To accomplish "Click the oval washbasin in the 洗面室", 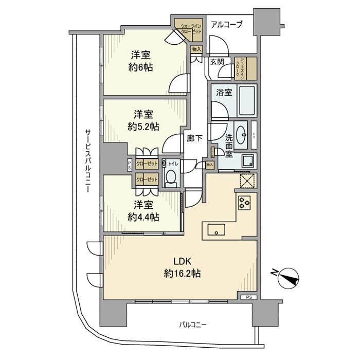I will (x=240, y=132).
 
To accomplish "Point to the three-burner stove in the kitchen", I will (x=243, y=202).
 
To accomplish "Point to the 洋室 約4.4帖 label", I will (x=139, y=210).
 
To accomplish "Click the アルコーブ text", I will (x=226, y=25).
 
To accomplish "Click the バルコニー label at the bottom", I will (x=193, y=325).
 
